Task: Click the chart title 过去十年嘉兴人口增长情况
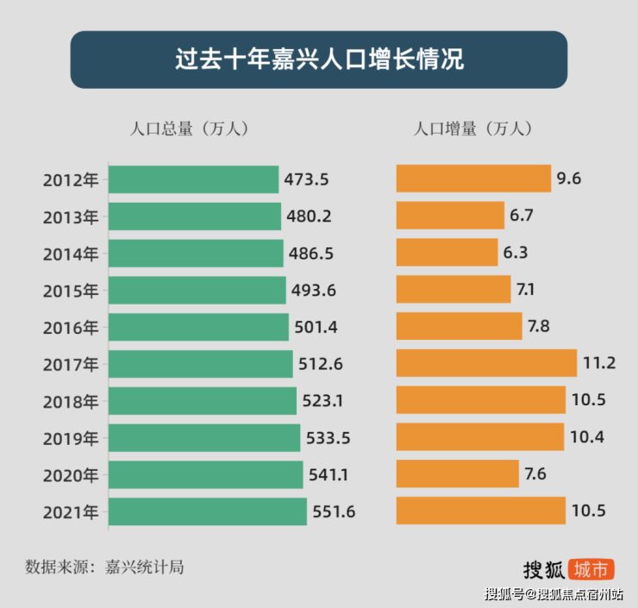pyautogui.click(x=319, y=60)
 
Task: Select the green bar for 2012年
pyautogui.click(x=194, y=179)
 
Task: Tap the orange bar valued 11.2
pyautogui.click(x=486, y=363)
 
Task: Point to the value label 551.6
pyautogui.click(x=334, y=512)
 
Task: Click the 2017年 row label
pyautogui.click(x=71, y=364)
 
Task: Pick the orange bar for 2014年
pyautogui.click(x=447, y=253)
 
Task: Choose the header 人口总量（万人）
pyautogui.click(x=189, y=128)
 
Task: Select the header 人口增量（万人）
pyautogui.click(x=472, y=128)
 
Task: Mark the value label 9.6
pyautogui.click(x=569, y=179)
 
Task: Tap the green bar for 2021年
pyautogui.click(x=208, y=511)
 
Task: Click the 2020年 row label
pyautogui.click(x=71, y=475)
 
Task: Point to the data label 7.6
pyautogui.click(x=535, y=475)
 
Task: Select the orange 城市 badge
pyautogui.click(x=591, y=569)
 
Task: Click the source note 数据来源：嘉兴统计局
pyautogui.click(x=104, y=567)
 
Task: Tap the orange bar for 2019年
pyautogui.click(x=479, y=437)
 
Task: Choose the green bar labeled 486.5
pyautogui.click(x=197, y=253)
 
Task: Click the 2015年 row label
pyautogui.click(x=71, y=291)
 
